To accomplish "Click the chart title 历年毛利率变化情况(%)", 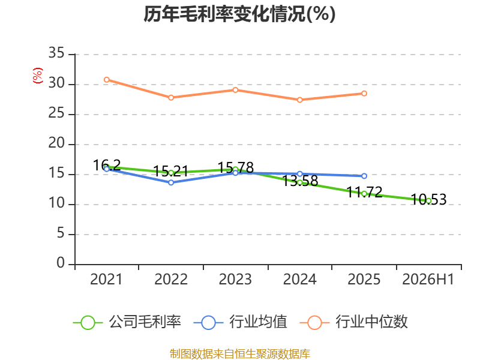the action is (239, 14).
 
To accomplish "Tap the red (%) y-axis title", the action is (38, 76).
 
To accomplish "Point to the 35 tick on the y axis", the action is (56, 53).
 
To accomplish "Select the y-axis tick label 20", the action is (56, 143).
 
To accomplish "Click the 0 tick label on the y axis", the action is (61, 263).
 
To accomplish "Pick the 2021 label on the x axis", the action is (106, 279).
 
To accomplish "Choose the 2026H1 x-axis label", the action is (428, 279).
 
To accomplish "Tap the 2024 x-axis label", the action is (299, 279).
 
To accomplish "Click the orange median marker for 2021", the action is (107, 80).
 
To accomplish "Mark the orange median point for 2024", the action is (299, 100).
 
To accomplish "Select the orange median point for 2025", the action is (364, 94).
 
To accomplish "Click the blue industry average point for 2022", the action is (171, 182).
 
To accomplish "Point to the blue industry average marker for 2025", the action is (364, 176).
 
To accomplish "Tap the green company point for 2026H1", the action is (428, 201).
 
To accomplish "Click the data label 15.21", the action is (170, 171).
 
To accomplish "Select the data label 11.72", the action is (364, 192).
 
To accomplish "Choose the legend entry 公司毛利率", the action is (127, 322).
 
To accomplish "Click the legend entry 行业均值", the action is (241, 322).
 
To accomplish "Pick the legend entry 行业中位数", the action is (354, 322).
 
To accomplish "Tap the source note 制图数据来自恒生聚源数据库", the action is (239, 354).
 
